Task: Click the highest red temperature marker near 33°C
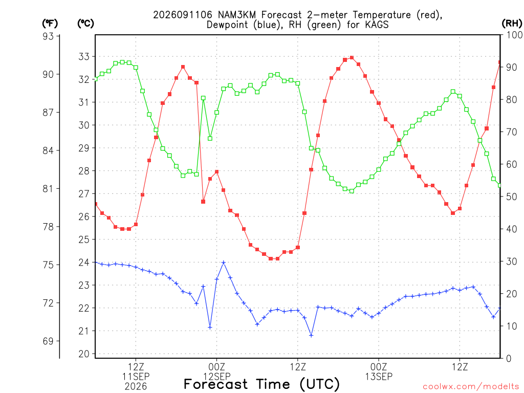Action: (352, 57)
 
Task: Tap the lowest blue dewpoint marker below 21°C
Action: (311, 335)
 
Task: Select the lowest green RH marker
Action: (352, 191)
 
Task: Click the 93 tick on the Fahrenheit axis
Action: (49, 36)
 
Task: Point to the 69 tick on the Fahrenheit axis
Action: (49, 341)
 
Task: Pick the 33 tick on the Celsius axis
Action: (84, 56)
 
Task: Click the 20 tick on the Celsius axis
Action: (84, 354)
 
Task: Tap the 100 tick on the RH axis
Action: (514, 35)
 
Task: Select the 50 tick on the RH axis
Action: (511, 196)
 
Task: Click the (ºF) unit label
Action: (50, 24)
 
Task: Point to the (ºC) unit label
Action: (85, 24)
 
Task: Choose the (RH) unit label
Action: (512, 24)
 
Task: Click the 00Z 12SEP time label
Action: (217, 372)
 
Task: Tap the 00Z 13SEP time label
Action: (379, 372)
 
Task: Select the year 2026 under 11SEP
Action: (136, 386)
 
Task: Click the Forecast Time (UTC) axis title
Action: (261, 384)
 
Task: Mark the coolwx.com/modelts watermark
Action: (471, 387)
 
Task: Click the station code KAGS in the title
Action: (377, 25)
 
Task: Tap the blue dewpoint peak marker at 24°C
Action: (224, 263)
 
